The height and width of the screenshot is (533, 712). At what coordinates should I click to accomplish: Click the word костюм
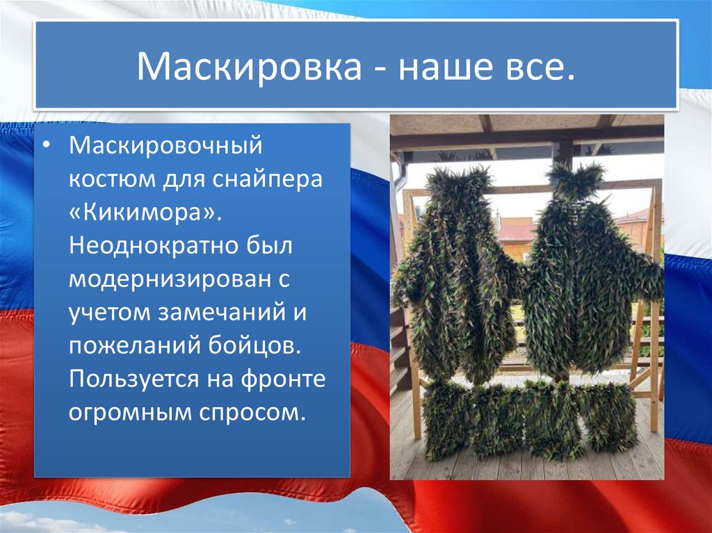[x=112, y=180]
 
